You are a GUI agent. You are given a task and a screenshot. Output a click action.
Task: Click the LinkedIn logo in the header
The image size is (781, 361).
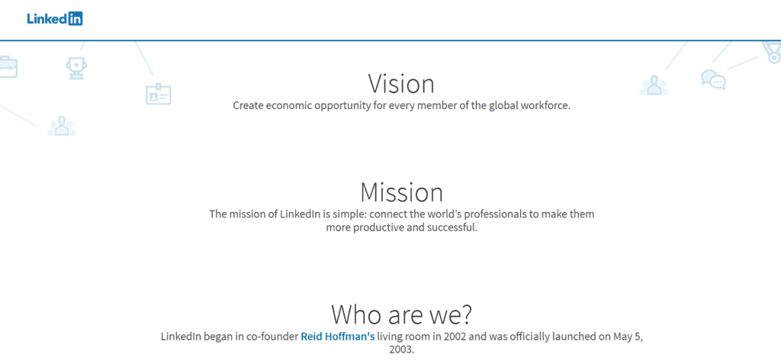coord(54,19)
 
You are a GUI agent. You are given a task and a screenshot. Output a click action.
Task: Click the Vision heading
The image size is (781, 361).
coord(401,83)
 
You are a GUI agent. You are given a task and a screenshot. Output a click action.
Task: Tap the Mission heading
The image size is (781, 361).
coord(401,192)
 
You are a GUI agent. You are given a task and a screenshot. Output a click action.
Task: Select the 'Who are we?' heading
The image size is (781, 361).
coord(401,314)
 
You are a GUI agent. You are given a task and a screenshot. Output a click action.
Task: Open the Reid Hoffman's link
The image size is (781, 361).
coord(337,336)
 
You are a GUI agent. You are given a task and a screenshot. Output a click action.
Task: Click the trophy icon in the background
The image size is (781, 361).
coord(76,68)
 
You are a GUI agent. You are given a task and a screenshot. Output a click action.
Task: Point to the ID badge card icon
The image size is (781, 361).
coord(158,95)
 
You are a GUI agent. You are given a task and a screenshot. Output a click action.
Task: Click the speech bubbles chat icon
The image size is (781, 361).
coord(713,79)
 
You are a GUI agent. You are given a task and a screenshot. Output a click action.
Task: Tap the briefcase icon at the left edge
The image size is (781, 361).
coord(7,67)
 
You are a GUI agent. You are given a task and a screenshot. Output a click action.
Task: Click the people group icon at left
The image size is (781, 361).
coord(61,126)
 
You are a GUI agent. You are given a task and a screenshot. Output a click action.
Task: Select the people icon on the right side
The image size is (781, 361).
coord(654,85)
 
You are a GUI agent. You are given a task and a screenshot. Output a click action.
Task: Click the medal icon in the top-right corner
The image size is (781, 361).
coord(772,51)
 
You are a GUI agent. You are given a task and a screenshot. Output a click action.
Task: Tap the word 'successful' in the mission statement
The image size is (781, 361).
coord(451,227)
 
